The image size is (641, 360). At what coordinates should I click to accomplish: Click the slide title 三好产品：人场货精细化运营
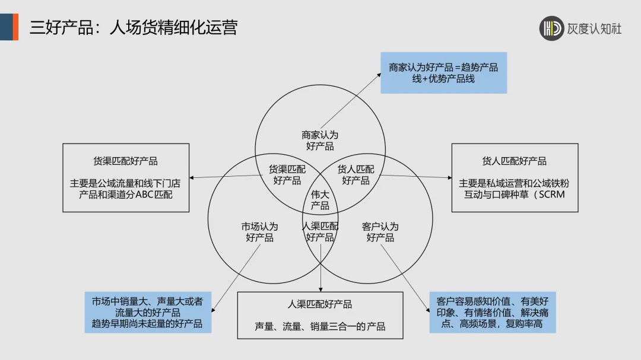[x=134, y=27]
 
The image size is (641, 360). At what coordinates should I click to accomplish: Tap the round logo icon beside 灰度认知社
[x=551, y=28]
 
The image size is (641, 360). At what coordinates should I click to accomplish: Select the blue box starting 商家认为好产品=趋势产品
[x=443, y=72]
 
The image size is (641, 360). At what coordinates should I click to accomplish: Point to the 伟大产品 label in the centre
[x=320, y=200]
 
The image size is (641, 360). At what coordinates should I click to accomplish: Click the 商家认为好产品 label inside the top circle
[x=320, y=141]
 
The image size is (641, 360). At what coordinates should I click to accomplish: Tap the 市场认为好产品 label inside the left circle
[x=259, y=232]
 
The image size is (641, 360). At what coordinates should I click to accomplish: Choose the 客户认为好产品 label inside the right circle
[x=380, y=232]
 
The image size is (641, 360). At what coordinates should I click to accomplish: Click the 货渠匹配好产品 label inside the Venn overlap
[x=287, y=174]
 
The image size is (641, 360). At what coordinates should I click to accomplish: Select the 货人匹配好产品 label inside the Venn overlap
[x=356, y=174]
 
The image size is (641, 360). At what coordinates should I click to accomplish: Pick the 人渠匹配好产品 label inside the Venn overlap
[x=320, y=232]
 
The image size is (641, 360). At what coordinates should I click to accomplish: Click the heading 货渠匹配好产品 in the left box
[x=126, y=161]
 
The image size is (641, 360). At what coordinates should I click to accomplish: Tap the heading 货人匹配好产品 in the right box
[x=515, y=161]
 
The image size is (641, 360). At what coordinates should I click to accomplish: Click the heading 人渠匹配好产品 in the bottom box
[x=320, y=304]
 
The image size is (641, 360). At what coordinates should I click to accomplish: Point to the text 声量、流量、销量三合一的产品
[x=320, y=326]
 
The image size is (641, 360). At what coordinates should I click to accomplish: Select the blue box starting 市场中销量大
[x=147, y=312]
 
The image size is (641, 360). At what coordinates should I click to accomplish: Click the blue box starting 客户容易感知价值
[x=493, y=312]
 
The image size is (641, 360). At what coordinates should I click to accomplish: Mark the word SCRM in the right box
[x=550, y=194]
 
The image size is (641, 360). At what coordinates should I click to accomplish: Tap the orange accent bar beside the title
[x=15, y=27]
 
